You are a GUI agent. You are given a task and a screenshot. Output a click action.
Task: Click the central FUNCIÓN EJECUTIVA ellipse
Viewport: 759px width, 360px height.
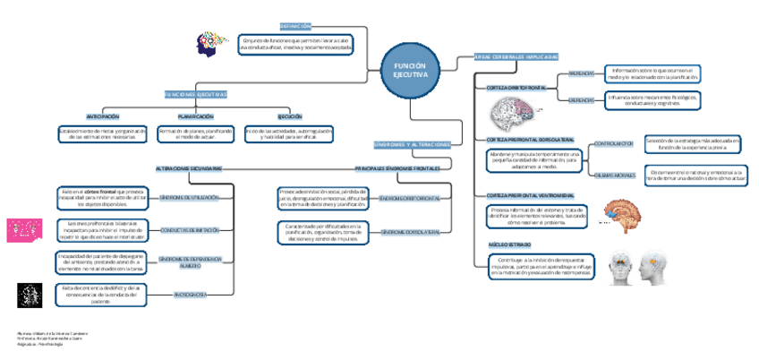point(411,70)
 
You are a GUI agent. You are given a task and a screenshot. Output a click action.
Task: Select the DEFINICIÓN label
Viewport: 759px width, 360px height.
point(295,27)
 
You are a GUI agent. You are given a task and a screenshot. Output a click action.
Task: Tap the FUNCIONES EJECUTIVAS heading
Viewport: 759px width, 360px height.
point(195,94)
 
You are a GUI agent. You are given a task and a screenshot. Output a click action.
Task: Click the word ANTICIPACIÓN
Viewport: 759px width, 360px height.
point(102,116)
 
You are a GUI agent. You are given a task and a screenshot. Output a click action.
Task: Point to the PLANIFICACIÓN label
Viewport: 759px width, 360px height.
point(195,116)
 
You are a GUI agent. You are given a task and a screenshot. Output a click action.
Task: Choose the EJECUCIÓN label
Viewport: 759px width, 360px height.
point(289,116)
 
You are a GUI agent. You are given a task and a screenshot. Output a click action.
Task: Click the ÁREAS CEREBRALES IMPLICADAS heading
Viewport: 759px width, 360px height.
point(516,56)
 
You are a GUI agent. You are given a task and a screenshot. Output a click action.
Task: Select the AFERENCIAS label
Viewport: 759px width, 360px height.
point(581,73)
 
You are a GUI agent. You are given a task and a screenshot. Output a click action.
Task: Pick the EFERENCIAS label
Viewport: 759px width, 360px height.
point(581,99)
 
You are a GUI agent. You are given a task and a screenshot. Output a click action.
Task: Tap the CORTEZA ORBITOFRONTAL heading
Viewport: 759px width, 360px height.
point(516,88)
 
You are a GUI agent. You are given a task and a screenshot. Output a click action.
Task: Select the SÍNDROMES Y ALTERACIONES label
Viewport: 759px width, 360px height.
point(412,144)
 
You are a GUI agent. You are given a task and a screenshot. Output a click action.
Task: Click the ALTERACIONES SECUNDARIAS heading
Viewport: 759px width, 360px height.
point(188,168)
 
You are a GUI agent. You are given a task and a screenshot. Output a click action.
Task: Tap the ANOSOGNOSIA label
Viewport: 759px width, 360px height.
point(190,294)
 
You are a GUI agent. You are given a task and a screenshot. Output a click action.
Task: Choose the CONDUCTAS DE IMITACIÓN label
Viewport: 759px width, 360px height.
point(189,230)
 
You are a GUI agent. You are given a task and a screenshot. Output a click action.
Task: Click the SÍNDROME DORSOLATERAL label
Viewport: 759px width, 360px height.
point(410,231)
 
